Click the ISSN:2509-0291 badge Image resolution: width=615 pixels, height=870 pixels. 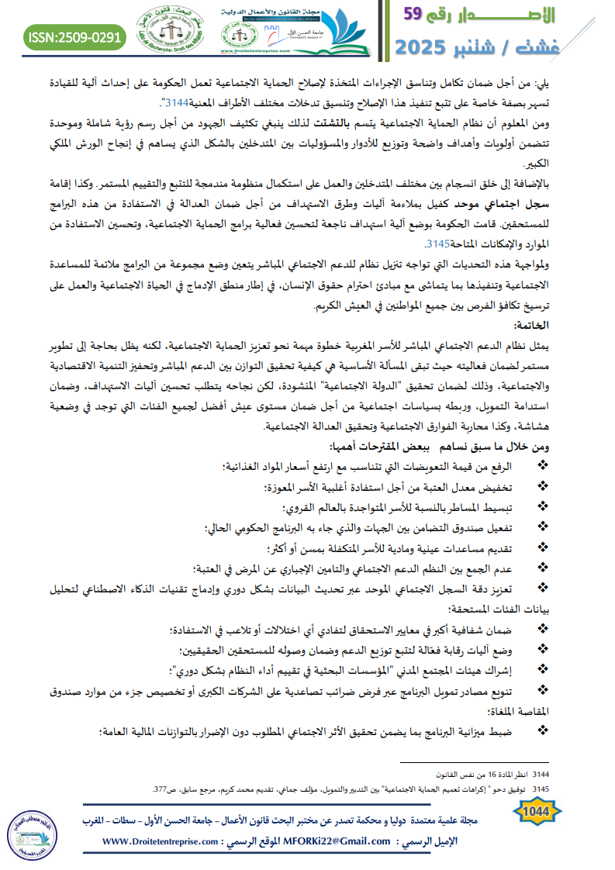75,36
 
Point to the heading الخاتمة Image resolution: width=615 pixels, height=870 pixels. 571,324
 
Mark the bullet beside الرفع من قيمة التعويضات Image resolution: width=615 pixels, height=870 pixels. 542,465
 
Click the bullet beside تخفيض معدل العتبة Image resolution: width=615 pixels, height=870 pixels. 542,486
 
